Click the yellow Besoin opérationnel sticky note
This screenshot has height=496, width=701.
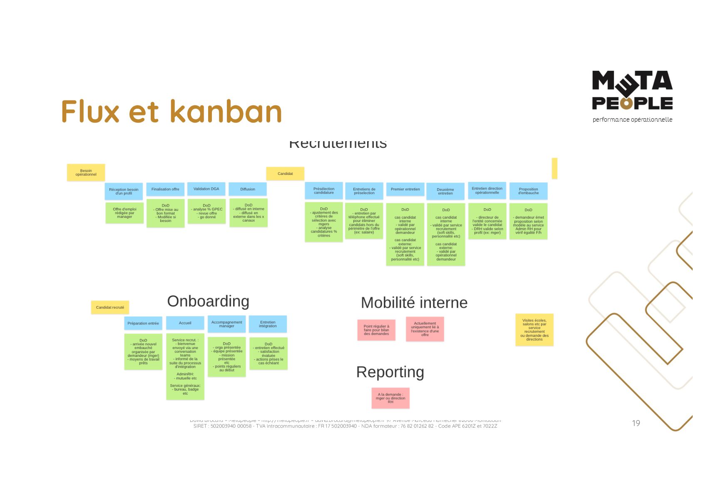tap(86, 172)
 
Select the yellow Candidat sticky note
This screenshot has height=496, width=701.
tap(285, 174)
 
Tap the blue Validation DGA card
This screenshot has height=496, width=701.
tap(206, 189)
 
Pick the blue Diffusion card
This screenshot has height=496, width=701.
tap(248, 189)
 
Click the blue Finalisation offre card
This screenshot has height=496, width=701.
tap(165, 189)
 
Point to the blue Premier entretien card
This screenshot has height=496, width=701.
tap(405, 189)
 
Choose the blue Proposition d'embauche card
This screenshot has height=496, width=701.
tap(528, 191)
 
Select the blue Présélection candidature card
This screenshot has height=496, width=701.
tap(324, 191)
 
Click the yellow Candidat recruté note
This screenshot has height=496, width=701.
tap(110, 307)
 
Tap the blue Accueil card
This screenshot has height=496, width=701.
tap(185, 323)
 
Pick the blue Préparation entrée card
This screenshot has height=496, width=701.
tap(143, 324)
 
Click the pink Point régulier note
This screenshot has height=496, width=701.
tap(376, 330)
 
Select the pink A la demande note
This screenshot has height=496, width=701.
tap(390, 398)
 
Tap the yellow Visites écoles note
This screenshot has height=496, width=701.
tap(534, 330)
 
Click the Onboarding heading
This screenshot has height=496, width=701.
tap(208, 301)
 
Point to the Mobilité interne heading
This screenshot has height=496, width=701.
tap(414, 303)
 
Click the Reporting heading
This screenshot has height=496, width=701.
tap(390, 372)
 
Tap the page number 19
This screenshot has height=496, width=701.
tap(636, 424)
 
